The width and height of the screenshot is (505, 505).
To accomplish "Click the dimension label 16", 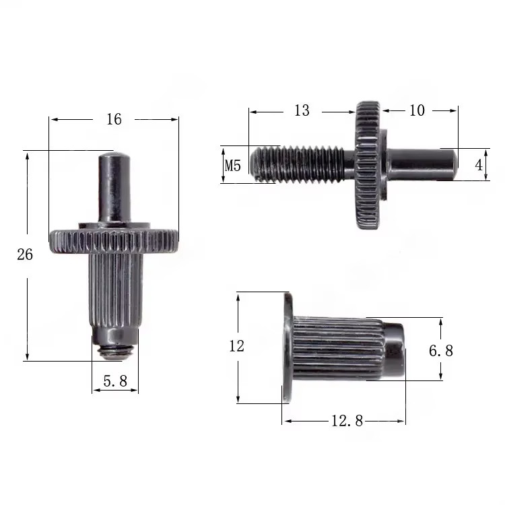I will (114, 119).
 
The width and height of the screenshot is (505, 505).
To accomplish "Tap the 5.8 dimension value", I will (114, 381).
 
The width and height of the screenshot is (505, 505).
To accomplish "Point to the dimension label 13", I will (302, 110).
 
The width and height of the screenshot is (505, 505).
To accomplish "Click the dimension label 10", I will (417, 110).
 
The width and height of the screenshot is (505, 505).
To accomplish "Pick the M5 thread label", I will (232, 165).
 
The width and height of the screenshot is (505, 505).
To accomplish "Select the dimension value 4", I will (479, 165).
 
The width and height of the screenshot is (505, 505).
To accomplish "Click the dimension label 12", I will (236, 347).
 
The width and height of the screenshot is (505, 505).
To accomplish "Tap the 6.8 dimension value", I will (441, 351).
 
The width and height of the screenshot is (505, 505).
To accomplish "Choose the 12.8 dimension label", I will (347, 421).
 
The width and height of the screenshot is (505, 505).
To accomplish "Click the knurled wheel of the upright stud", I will (114, 240).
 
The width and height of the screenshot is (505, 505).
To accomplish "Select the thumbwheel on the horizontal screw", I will (368, 164).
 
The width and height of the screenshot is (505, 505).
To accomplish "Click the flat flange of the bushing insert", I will (287, 348).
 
